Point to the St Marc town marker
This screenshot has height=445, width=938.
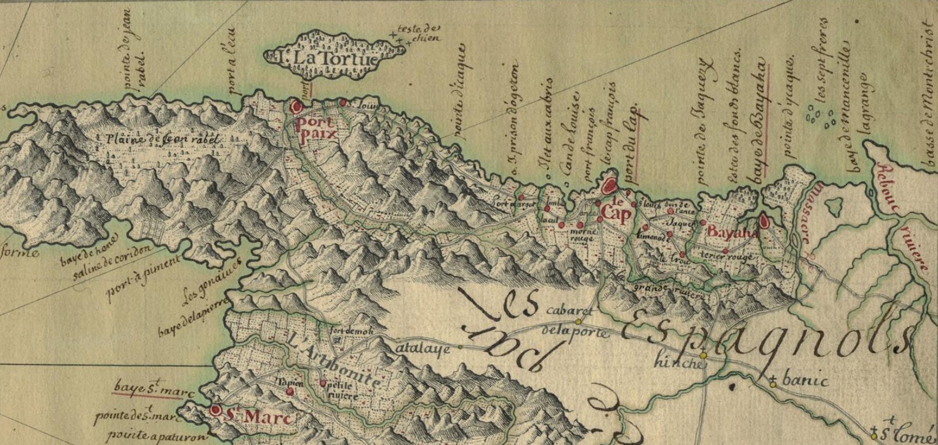216,410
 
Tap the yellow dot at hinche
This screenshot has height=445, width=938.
703,353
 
